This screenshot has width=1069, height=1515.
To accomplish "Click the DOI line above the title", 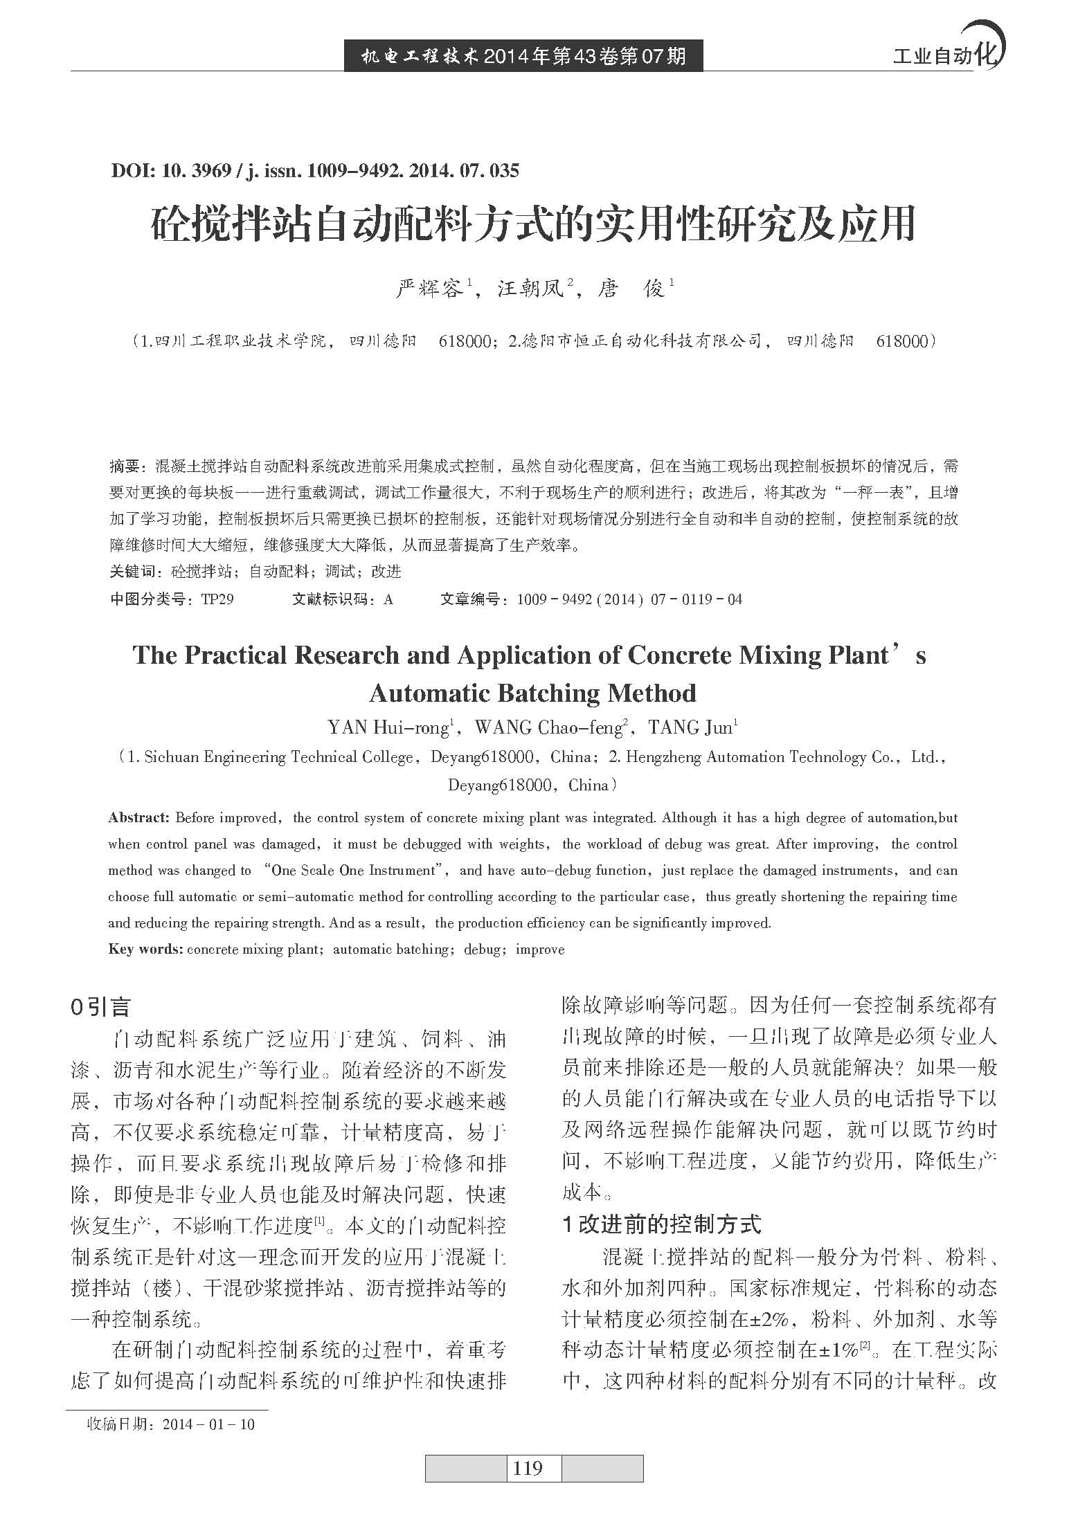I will point(314,170).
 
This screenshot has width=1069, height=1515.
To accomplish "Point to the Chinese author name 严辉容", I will point(429,289).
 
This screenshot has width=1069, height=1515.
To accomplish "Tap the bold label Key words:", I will point(145,950).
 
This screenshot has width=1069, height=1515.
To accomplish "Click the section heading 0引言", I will point(100,1007).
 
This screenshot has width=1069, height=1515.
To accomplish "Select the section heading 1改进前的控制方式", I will point(662,1224).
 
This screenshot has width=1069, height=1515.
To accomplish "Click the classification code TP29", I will point(217,599).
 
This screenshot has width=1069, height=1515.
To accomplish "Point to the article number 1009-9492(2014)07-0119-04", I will point(629,599).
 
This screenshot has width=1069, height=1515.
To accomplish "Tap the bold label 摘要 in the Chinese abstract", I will point(125,466).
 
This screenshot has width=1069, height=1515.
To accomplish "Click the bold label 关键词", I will point(133,572).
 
